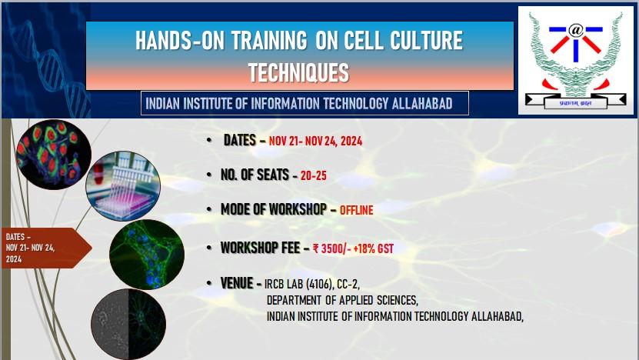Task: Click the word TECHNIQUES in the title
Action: (298, 72)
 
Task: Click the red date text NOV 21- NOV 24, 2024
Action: (315, 142)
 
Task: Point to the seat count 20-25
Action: (314, 175)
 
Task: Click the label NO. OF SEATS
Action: (253, 175)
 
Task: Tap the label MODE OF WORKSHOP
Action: (273, 209)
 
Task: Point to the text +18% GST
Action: (377, 248)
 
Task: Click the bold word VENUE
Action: (237, 284)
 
